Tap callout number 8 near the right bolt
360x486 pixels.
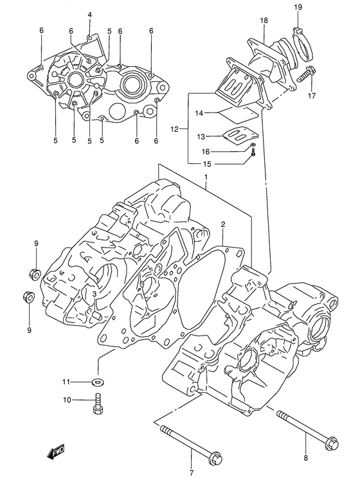click(x=306, y=458)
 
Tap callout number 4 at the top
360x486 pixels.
click(x=90, y=14)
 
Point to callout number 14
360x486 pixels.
click(x=199, y=113)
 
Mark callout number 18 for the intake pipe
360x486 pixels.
click(x=264, y=21)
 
